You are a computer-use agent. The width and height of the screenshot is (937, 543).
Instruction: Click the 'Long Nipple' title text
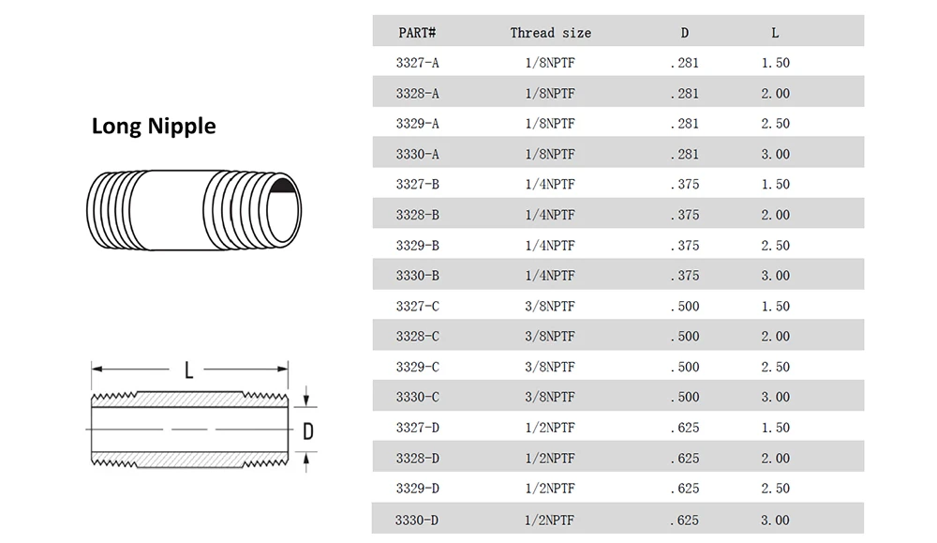pyautogui.click(x=154, y=127)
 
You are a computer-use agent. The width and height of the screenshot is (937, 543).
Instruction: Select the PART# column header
pyautogui.click(x=417, y=33)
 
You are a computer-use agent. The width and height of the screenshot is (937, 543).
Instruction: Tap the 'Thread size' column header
pyautogui.click(x=550, y=33)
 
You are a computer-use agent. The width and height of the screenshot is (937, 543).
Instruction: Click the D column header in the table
pyautogui.click(x=685, y=33)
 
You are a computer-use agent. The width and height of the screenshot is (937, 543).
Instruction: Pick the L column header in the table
pyautogui.click(x=775, y=33)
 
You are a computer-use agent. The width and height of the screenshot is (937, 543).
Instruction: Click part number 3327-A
pyautogui.click(x=417, y=63)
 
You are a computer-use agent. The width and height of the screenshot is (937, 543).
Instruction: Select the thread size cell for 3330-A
pyautogui.click(x=550, y=155)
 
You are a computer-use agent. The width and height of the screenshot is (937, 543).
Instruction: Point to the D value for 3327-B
pyautogui.click(x=685, y=184)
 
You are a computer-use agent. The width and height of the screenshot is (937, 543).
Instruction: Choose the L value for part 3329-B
pyautogui.click(x=775, y=245)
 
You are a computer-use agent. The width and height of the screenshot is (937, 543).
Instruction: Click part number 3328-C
pyautogui.click(x=417, y=336)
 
